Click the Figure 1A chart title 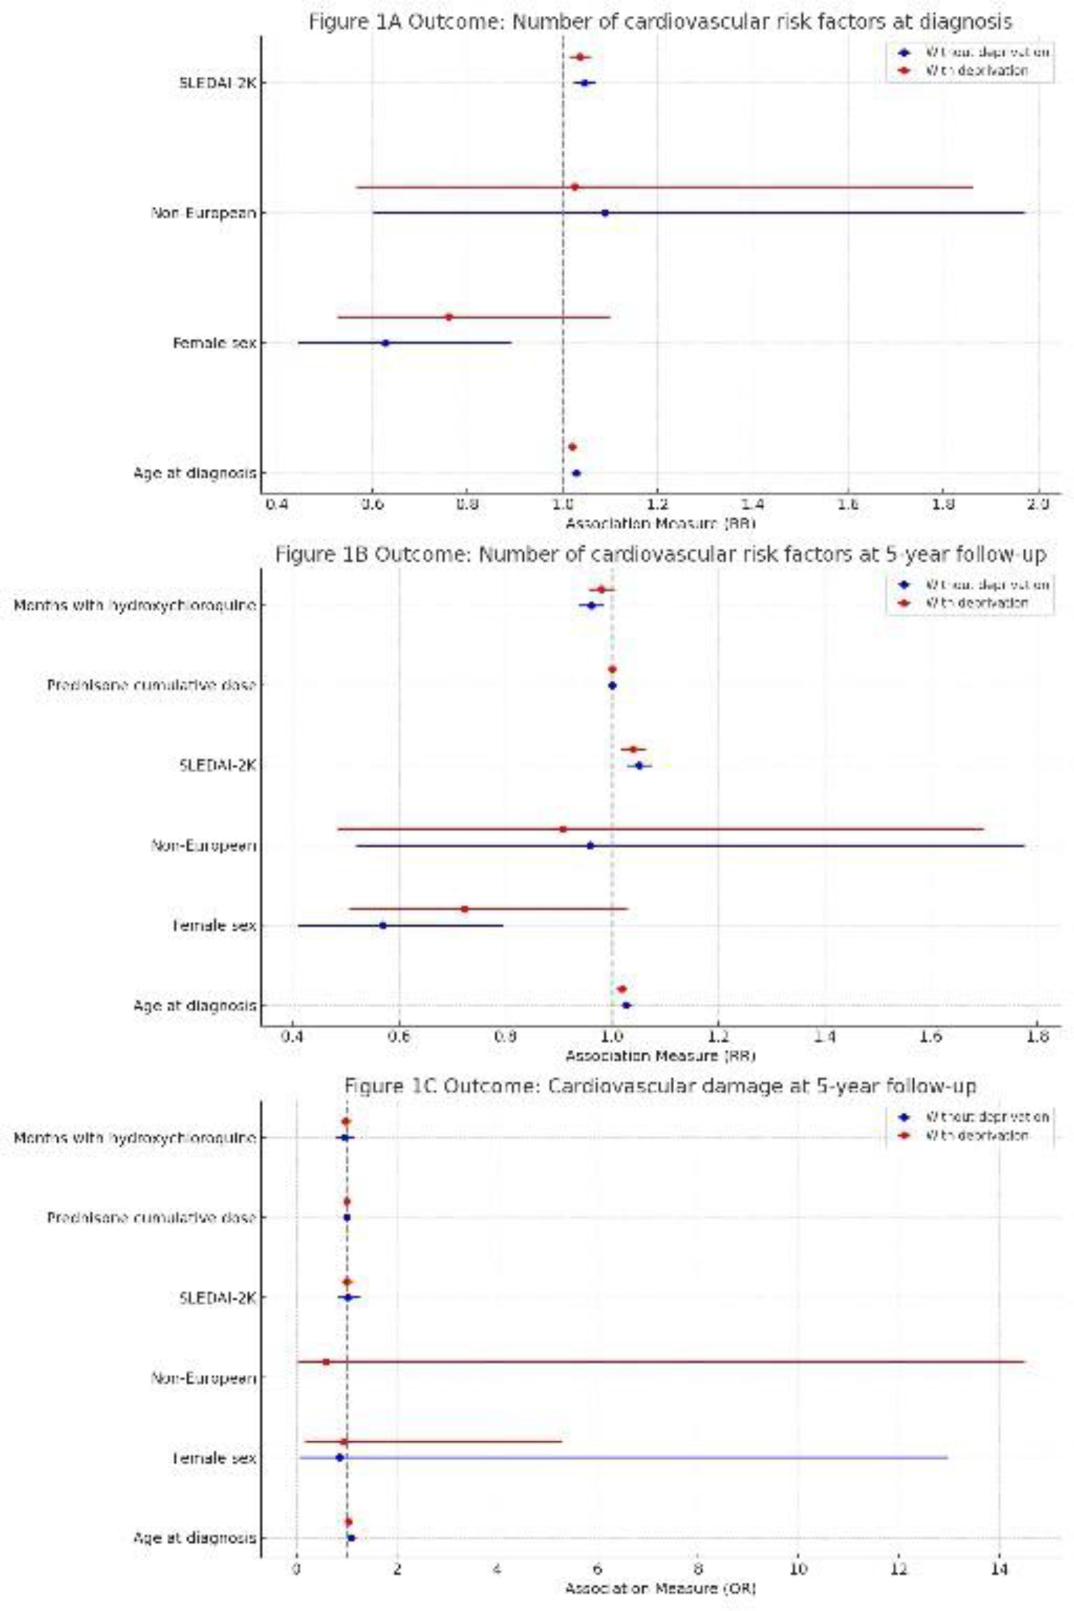660,22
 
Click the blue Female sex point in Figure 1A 385,343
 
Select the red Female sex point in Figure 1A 449,317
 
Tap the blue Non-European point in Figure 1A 605,213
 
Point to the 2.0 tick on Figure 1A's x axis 1038,506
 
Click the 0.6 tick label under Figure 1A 372,506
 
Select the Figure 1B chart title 660,555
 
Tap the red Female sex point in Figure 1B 464,909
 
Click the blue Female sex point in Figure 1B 383,925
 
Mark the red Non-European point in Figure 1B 563,829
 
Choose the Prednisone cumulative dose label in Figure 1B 151,686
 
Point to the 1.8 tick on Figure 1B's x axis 1037,1038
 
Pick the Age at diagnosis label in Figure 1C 194,1538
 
